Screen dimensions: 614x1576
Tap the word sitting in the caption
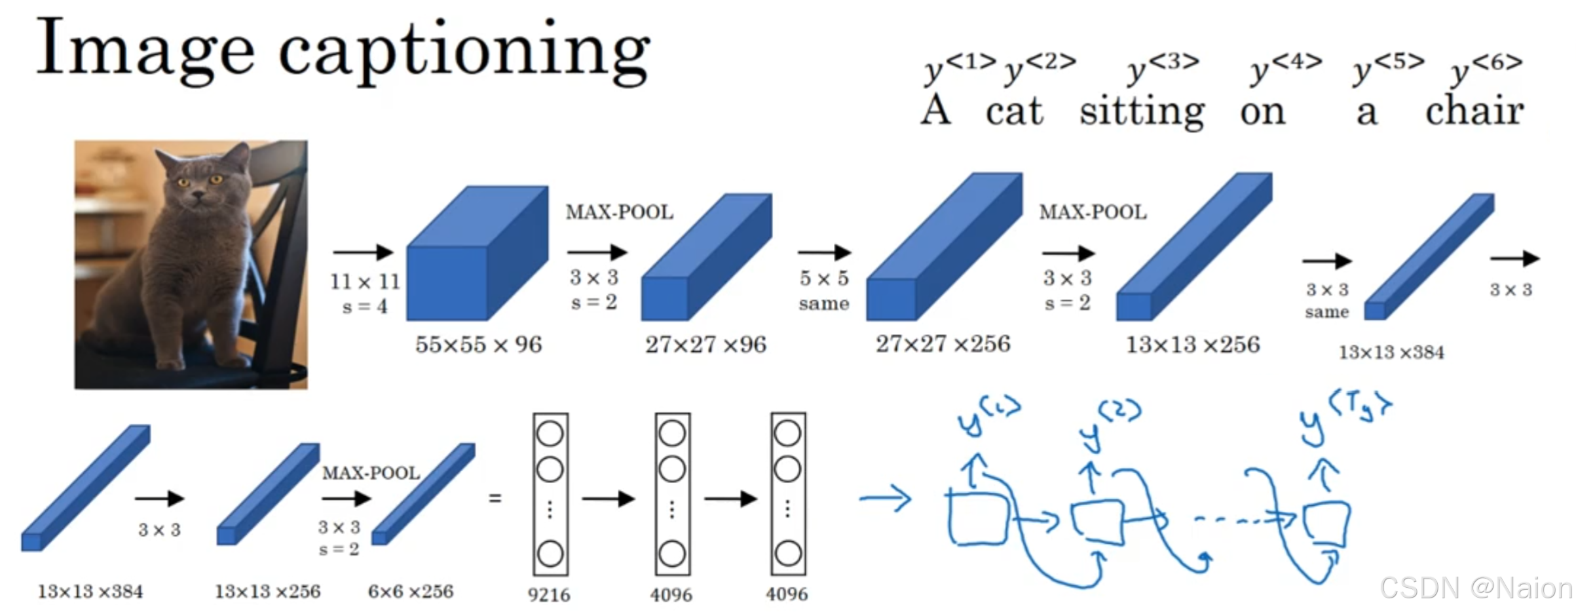[x=1142, y=112]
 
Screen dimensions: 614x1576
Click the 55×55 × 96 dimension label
[x=478, y=345]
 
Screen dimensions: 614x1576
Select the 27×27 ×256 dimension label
[x=943, y=344]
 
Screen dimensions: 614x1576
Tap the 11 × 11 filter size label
[x=365, y=282]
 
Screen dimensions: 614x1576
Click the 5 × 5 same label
[x=823, y=290]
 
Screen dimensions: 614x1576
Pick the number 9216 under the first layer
[x=549, y=595]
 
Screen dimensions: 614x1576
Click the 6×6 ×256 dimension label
[x=411, y=592]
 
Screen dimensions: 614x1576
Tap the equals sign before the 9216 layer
[x=495, y=499]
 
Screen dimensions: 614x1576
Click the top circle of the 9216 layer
[x=550, y=433]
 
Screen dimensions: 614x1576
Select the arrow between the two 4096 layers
[x=730, y=499]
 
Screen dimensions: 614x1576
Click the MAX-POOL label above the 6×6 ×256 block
[x=371, y=473]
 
